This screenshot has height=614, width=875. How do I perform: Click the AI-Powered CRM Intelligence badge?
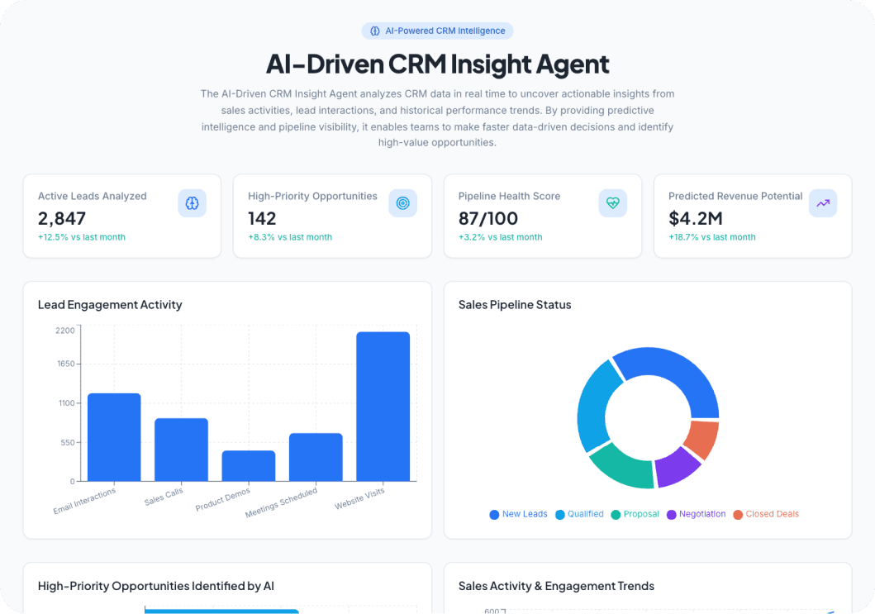437,31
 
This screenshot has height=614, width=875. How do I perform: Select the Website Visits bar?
383,406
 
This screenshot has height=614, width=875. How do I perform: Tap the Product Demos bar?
248,465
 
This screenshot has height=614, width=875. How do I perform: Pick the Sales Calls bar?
181,449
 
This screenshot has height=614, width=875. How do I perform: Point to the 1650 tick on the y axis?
65,364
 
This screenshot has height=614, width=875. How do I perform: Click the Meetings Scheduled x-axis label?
282,502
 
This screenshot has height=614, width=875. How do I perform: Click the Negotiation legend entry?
695,514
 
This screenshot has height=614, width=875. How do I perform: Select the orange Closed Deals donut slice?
702,439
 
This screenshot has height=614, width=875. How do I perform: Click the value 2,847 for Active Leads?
62,218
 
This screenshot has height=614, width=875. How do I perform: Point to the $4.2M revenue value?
696,218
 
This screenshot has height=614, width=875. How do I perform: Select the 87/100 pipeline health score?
488,218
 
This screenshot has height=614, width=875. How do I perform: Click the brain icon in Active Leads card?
192,203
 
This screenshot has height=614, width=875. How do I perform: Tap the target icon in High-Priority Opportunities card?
402,203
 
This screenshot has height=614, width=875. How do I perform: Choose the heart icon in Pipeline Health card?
612,203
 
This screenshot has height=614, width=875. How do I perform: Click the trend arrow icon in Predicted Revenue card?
822,203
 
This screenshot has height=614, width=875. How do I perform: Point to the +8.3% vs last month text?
289,237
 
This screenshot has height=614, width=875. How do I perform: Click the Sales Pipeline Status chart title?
514,305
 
